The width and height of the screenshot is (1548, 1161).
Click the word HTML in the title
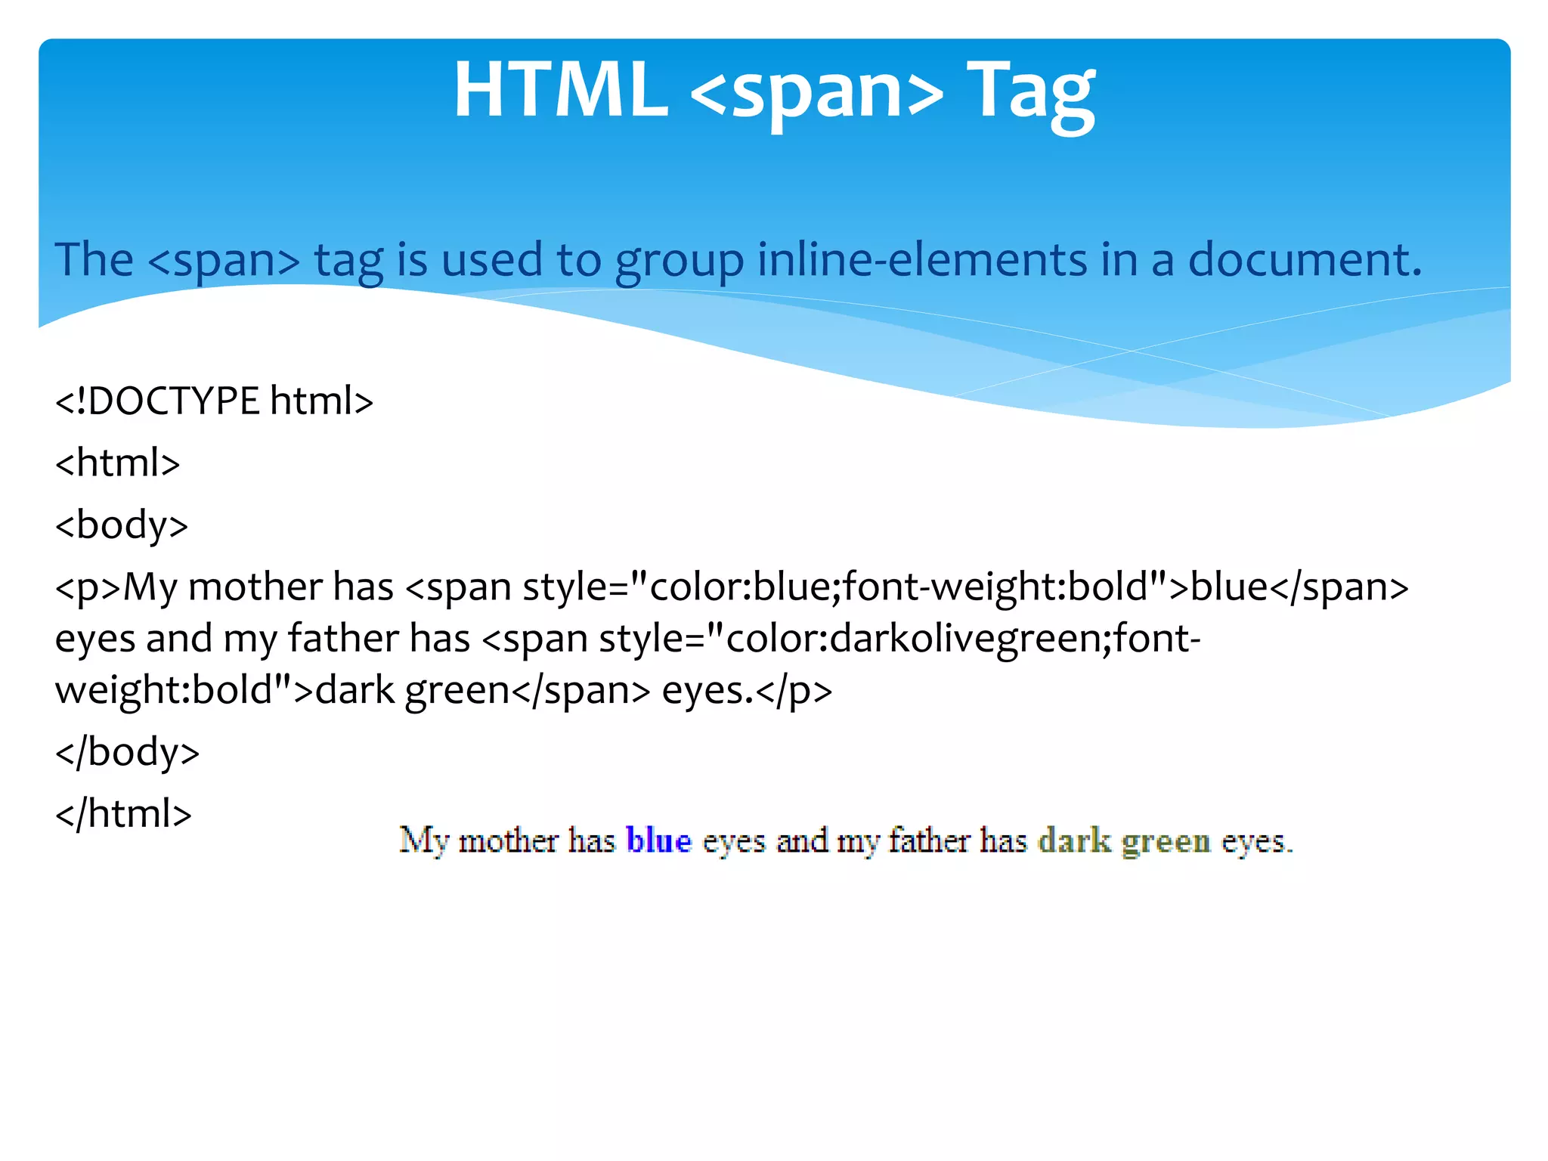tap(561, 91)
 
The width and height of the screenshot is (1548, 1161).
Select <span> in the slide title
tap(817, 92)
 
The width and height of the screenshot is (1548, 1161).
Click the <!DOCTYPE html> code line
tap(214, 401)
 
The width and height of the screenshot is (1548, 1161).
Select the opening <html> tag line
tap(117, 463)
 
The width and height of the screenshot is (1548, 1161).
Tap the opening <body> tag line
tap(121, 525)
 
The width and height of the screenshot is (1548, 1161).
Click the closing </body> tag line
tap(127, 752)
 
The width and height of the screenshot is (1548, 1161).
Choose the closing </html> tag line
tap(123, 814)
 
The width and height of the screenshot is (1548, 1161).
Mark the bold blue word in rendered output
tap(658, 841)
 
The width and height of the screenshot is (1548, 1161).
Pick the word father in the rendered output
tap(929, 841)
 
